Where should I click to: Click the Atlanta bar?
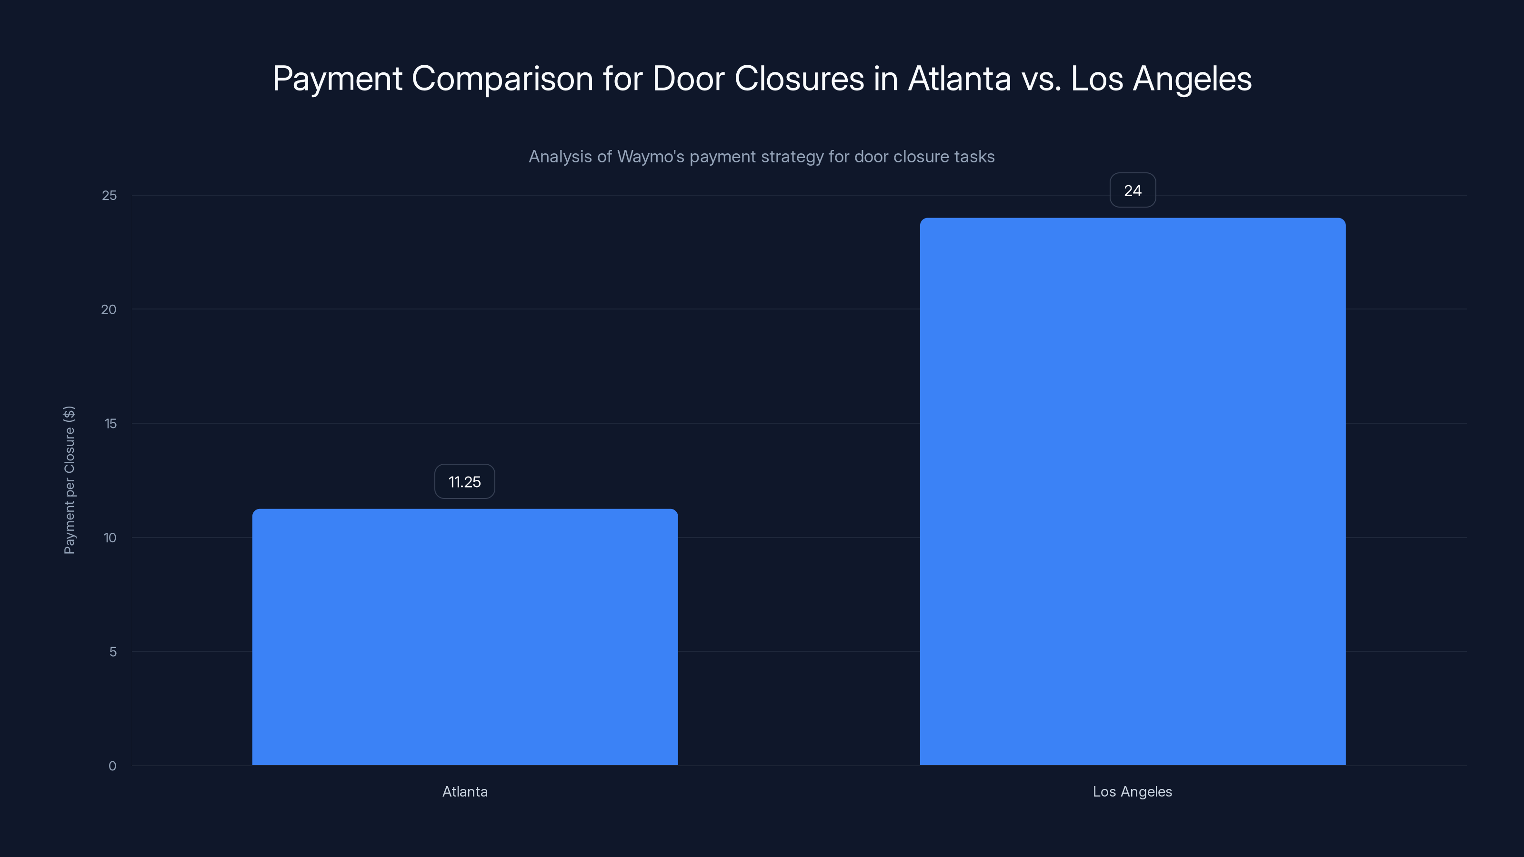click(x=464, y=637)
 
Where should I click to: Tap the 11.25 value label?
click(x=464, y=481)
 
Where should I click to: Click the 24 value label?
click(x=1133, y=190)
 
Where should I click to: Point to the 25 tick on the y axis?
click(x=110, y=195)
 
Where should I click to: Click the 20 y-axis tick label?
click(x=109, y=309)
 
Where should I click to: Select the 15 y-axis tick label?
click(x=110, y=423)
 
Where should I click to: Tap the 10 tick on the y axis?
click(x=110, y=538)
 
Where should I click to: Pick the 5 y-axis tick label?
click(x=112, y=652)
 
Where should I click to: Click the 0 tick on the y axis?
click(x=112, y=766)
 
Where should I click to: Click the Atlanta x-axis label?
click(x=465, y=791)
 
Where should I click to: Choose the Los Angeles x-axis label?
click(x=1133, y=791)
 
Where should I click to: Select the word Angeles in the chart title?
click(x=1192, y=79)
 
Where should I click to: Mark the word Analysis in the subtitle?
click(x=560, y=157)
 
